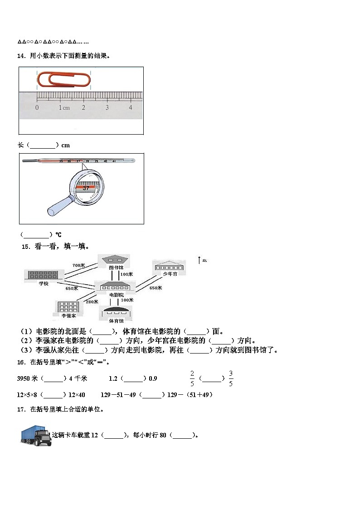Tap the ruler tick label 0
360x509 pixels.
37,107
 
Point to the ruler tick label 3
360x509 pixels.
107,107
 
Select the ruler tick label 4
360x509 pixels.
131,107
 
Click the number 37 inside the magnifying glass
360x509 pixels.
86,188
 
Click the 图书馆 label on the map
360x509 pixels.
116,267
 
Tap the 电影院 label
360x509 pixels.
117,295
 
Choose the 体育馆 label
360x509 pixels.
116,321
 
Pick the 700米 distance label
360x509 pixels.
79,266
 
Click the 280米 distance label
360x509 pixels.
92,301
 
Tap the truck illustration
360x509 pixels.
36,436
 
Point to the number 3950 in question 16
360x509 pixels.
23,378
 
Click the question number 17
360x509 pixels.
20,409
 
